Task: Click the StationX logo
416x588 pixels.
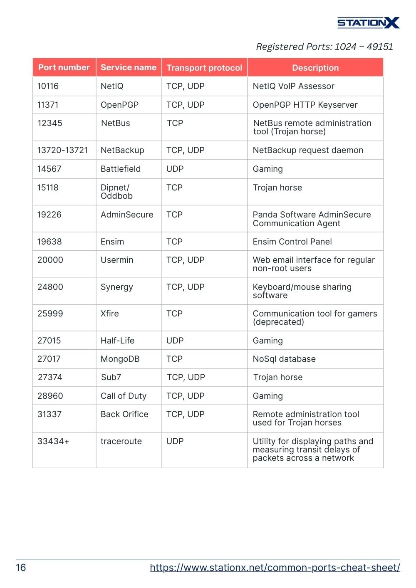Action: [x=368, y=22]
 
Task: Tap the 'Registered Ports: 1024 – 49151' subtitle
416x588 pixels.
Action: [x=324, y=47]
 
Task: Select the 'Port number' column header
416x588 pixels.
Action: [x=64, y=67]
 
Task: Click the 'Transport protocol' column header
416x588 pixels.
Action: [x=204, y=68]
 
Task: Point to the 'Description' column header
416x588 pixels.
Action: [x=315, y=68]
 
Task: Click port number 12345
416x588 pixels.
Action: [x=50, y=123]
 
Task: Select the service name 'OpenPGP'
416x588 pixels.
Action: [x=119, y=105]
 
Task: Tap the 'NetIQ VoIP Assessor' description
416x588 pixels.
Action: [x=293, y=86]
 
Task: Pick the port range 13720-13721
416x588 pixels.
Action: [x=62, y=150]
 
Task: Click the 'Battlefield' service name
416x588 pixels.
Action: [x=121, y=169]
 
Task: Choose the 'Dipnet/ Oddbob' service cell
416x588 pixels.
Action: [x=116, y=192]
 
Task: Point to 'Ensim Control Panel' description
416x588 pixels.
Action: [x=292, y=242]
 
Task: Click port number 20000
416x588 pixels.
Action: [x=50, y=260]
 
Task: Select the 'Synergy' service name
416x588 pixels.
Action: [x=117, y=287]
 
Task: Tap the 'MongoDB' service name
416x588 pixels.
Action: [x=120, y=359]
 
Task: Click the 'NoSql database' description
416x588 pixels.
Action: [x=284, y=359]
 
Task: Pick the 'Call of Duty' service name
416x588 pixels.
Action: [x=124, y=396]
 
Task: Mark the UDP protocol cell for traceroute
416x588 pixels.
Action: [x=175, y=441]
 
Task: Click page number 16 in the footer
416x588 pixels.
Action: [x=21, y=568]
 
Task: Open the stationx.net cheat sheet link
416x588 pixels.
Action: [x=275, y=568]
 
